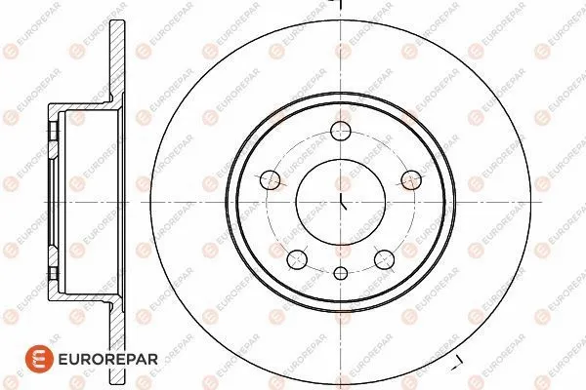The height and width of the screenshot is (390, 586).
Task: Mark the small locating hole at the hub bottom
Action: (x=342, y=276)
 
